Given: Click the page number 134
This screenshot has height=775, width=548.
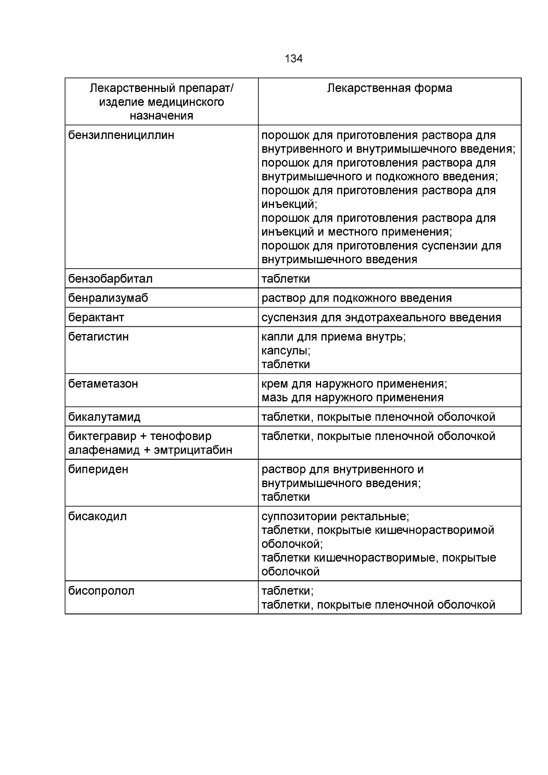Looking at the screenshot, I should pyautogui.click(x=293, y=59).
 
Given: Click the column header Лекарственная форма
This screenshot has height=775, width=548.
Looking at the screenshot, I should pyautogui.click(x=389, y=88).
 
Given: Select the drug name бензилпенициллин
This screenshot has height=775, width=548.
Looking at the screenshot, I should pyautogui.click(x=121, y=136).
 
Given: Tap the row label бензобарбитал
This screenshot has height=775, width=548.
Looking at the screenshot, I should pyautogui.click(x=111, y=279).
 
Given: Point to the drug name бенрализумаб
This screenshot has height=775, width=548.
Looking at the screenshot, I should pyautogui.click(x=108, y=298).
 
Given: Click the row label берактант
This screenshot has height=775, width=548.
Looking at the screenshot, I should pyautogui.click(x=96, y=317).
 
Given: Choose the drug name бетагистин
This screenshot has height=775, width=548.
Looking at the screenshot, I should pyautogui.click(x=98, y=337).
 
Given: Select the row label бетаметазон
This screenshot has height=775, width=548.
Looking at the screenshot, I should pyautogui.click(x=103, y=383).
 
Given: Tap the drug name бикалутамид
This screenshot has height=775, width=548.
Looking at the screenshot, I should pyautogui.click(x=104, y=417).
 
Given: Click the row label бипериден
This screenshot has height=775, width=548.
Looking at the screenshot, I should pyautogui.click(x=98, y=469).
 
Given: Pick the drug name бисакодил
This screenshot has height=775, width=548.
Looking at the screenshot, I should pyautogui.click(x=97, y=516).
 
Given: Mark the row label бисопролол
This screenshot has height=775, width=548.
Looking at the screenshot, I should pyautogui.click(x=101, y=591).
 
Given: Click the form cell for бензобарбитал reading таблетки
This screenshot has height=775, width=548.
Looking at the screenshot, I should pyautogui.click(x=285, y=279).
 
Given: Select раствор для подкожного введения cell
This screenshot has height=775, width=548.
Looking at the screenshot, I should pyautogui.click(x=356, y=298).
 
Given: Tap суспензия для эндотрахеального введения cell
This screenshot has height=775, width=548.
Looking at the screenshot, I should pyautogui.click(x=381, y=317).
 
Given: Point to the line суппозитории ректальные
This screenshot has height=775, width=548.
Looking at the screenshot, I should pyautogui.click(x=335, y=516).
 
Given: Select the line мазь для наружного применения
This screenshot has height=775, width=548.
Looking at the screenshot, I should pyautogui.click(x=352, y=397).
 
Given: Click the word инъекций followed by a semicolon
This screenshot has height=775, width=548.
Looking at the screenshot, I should pyautogui.click(x=289, y=204).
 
